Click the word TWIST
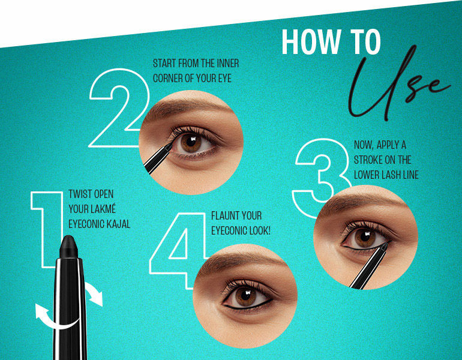tap(80, 194)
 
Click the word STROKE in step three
tap(367, 160)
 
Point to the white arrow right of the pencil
tap(94, 293)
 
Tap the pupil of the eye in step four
tap(245, 295)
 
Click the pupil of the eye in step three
tap(365, 236)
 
